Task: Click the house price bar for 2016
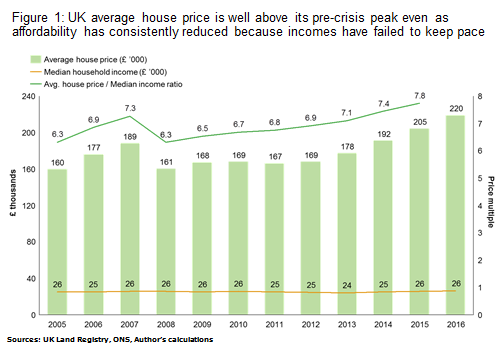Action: (455, 215)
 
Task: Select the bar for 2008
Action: (166, 242)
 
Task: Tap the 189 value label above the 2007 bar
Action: (130, 137)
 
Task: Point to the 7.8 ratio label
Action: (420, 96)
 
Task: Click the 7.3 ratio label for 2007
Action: (130, 108)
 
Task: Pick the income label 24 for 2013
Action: (347, 285)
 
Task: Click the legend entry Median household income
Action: (99, 72)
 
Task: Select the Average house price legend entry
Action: (89, 60)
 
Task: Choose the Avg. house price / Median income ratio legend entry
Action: (106, 84)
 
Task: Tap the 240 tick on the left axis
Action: (28, 97)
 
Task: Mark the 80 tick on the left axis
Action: (31, 242)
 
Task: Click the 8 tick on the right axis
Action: (480, 97)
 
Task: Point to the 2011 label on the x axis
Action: (275, 324)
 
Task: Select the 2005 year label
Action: (57, 324)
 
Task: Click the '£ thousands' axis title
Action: (13, 193)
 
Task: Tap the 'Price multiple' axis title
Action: (491, 202)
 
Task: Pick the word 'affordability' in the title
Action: (44, 32)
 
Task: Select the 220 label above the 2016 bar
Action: (456, 109)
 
